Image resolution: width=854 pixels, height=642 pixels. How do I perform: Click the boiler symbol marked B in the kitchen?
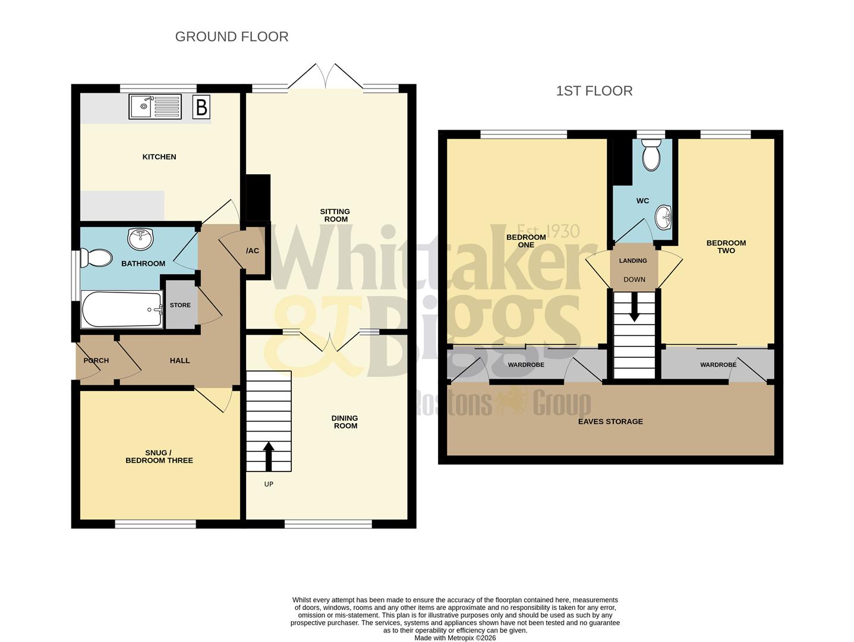pos(201,107)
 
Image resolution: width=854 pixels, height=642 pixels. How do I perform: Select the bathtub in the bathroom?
pos(122,309)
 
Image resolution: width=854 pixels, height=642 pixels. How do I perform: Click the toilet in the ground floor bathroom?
pos(96,258)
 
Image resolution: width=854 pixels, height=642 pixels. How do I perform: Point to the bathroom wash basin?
pos(141,238)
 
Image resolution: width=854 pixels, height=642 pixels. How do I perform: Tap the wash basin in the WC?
pos(664,218)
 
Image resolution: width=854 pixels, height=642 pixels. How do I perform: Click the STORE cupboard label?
pos(180,305)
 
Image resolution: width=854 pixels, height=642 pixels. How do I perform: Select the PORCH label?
pos(96,360)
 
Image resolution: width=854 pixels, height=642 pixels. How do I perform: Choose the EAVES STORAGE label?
pos(610,421)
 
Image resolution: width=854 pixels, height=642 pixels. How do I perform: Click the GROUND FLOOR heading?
pos(232,37)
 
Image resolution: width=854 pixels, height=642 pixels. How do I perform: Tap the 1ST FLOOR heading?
pos(594,91)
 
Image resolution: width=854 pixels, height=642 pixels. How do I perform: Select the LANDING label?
pos(632,260)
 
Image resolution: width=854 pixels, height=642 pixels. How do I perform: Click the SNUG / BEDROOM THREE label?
pos(159,457)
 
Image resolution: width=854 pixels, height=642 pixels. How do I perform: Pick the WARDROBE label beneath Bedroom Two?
pos(718,365)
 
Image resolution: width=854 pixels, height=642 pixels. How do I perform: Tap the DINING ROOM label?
pos(345,422)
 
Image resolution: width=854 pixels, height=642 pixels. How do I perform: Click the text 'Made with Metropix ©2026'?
pos(455,638)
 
